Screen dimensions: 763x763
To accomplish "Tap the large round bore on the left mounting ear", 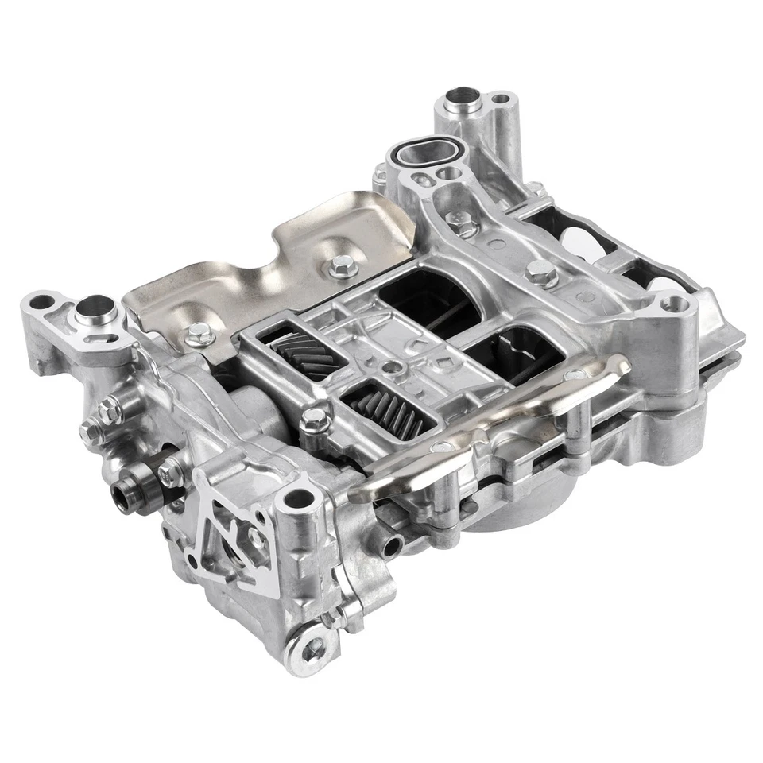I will pos(93,306).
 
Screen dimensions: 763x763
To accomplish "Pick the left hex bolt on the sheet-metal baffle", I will pos(193,334).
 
